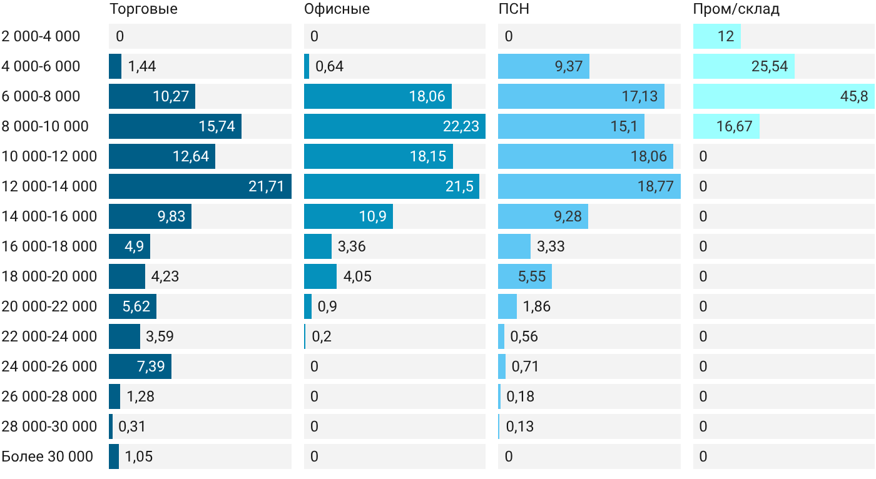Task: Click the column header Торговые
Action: (x=143, y=9)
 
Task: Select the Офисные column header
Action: (x=337, y=9)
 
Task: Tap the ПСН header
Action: (x=514, y=9)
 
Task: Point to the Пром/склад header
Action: (x=736, y=9)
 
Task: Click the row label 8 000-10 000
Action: (x=45, y=126)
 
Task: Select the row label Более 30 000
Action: (x=48, y=456)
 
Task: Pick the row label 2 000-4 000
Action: (x=41, y=36)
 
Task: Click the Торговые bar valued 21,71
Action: (x=200, y=186)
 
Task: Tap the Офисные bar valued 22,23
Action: (x=395, y=126)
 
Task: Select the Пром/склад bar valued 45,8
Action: (x=784, y=96)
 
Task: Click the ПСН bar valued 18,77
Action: (x=589, y=186)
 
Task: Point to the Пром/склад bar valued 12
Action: (x=717, y=36)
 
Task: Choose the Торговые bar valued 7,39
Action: (x=140, y=366)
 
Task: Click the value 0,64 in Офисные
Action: (x=329, y=66)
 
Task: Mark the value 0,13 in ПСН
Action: (x=520, y=426)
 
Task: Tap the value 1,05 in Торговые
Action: (x=138, y=456)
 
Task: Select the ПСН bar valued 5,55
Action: (x=525, y=276)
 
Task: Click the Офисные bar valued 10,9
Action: (x=349, y=216)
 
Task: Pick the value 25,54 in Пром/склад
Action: (x=769, y=66)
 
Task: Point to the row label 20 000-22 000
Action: (x=49, y=306)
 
